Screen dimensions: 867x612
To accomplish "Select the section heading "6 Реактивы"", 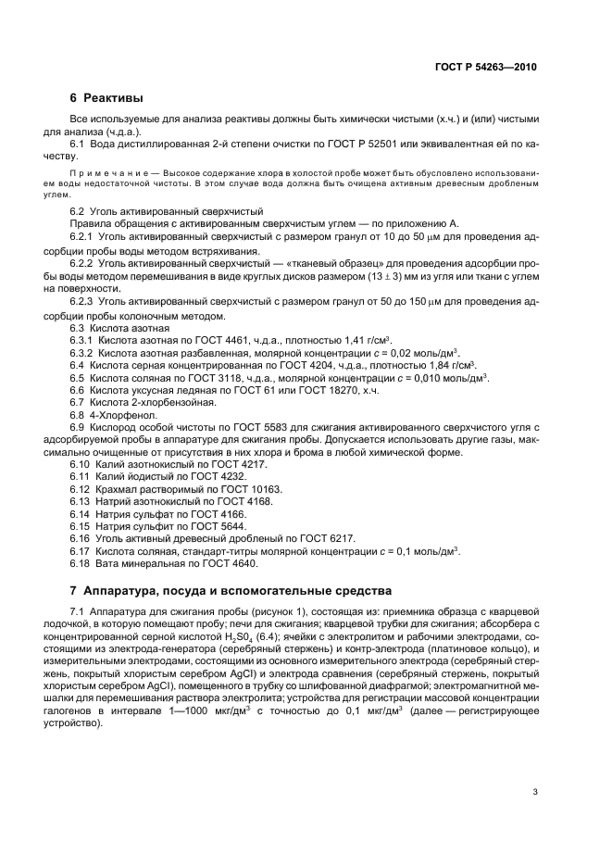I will (107, 98).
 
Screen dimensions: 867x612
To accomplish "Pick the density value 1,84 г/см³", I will (413, 365).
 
